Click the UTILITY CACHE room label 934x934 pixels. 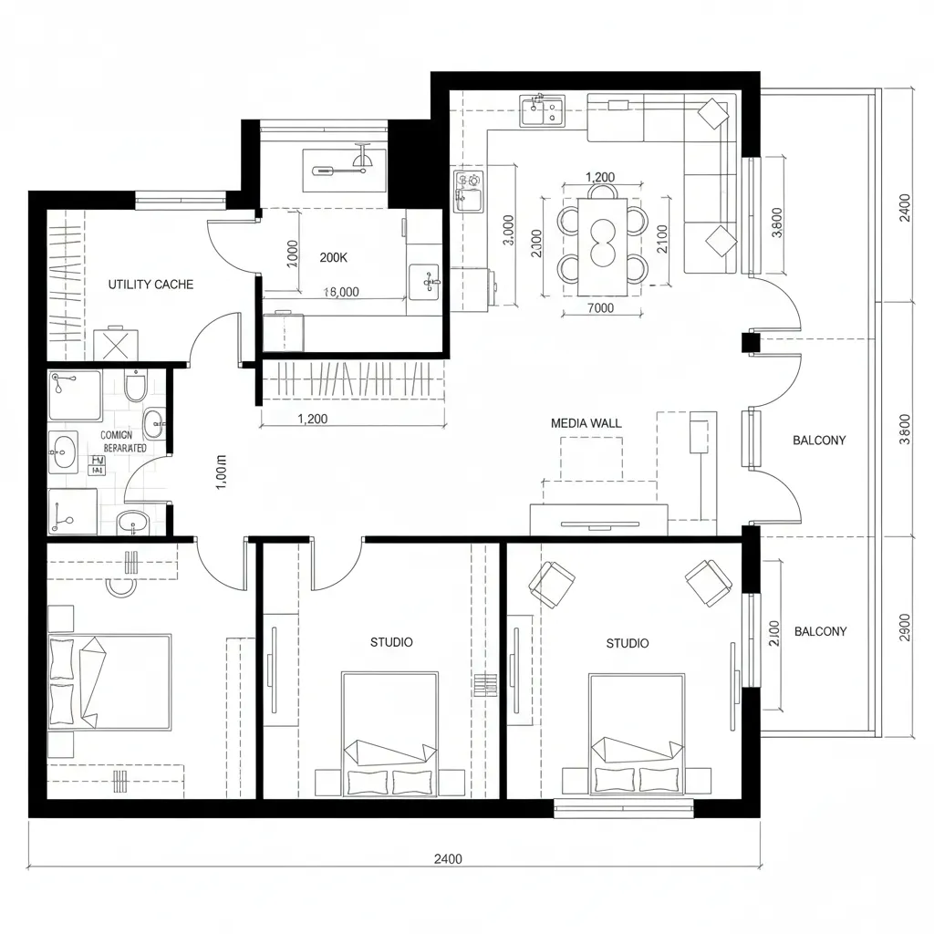(x=150, y=285)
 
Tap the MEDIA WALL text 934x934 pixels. (x=586, y=423)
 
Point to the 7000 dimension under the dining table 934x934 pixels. (x=600, y=308)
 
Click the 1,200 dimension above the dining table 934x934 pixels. (x=599, y=177)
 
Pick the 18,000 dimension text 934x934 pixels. (x=341, y=292)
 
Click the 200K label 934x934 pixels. (x=334, y=257)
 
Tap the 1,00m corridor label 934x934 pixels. (x=221, y=472)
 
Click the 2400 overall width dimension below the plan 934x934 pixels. (x=447, y=859)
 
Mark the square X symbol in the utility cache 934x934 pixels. (x=116, y=345)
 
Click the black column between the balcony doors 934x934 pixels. (x=749, y=343)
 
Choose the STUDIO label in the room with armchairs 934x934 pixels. (x=628, y=643)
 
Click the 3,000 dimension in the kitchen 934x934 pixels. (x=508, y=235)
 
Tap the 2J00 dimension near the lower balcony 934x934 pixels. (x=775, y=633)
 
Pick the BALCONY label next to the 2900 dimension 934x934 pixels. (x=820, y=631)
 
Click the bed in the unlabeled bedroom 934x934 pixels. (x=109, y=682)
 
